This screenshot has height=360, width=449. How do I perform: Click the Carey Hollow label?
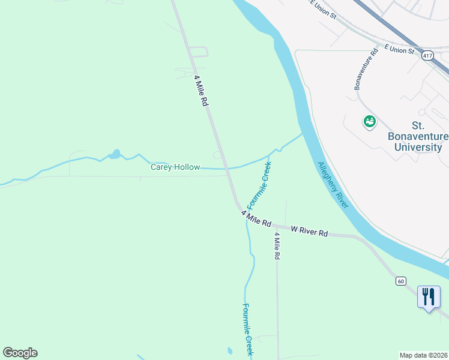[175, 167]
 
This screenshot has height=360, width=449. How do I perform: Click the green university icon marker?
[369, 122]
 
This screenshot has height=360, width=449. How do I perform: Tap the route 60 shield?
[401, 281]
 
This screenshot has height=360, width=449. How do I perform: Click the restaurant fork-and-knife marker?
[428, 296]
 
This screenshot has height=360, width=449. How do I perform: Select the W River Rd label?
[309, 231]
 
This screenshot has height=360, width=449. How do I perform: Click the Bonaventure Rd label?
[365, 69]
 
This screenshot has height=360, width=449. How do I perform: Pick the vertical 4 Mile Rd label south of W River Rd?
[277, 245]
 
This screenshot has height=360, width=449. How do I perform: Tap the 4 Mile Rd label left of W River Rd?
[256, 218]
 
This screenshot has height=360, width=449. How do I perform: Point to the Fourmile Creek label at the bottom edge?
[248, 330]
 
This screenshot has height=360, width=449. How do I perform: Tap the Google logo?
[20, 353]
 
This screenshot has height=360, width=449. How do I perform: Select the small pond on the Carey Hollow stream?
[115, 155]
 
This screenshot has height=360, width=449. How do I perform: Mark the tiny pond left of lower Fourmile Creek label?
[229, 350]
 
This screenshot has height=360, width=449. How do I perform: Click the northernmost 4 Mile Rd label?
[201, 91]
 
